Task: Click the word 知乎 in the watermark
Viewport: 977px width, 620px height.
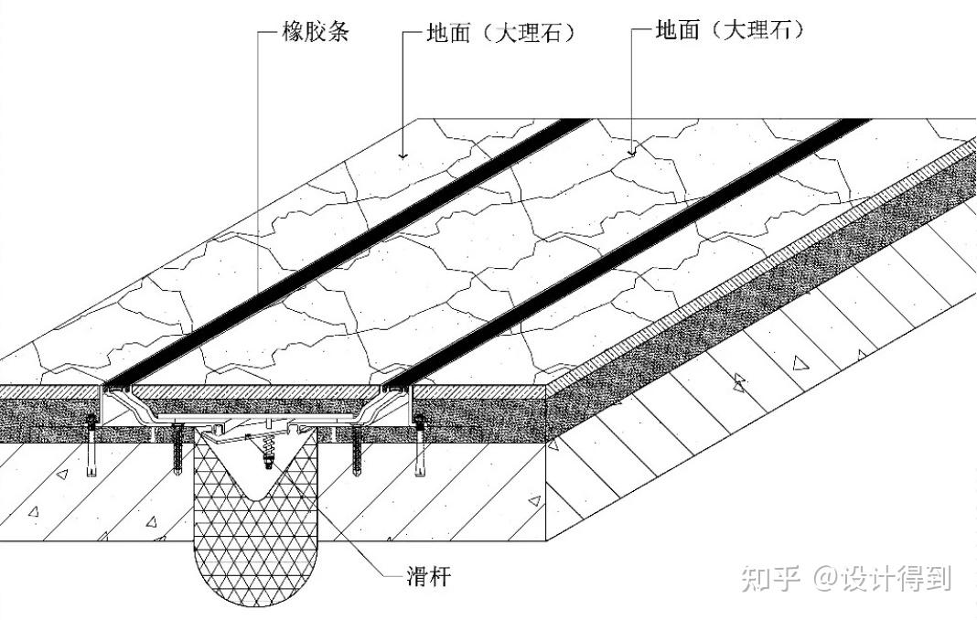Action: (x=772, y=578)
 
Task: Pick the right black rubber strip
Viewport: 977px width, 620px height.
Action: (x=631, y=247)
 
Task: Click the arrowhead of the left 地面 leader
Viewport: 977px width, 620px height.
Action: (x=403, y=155)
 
